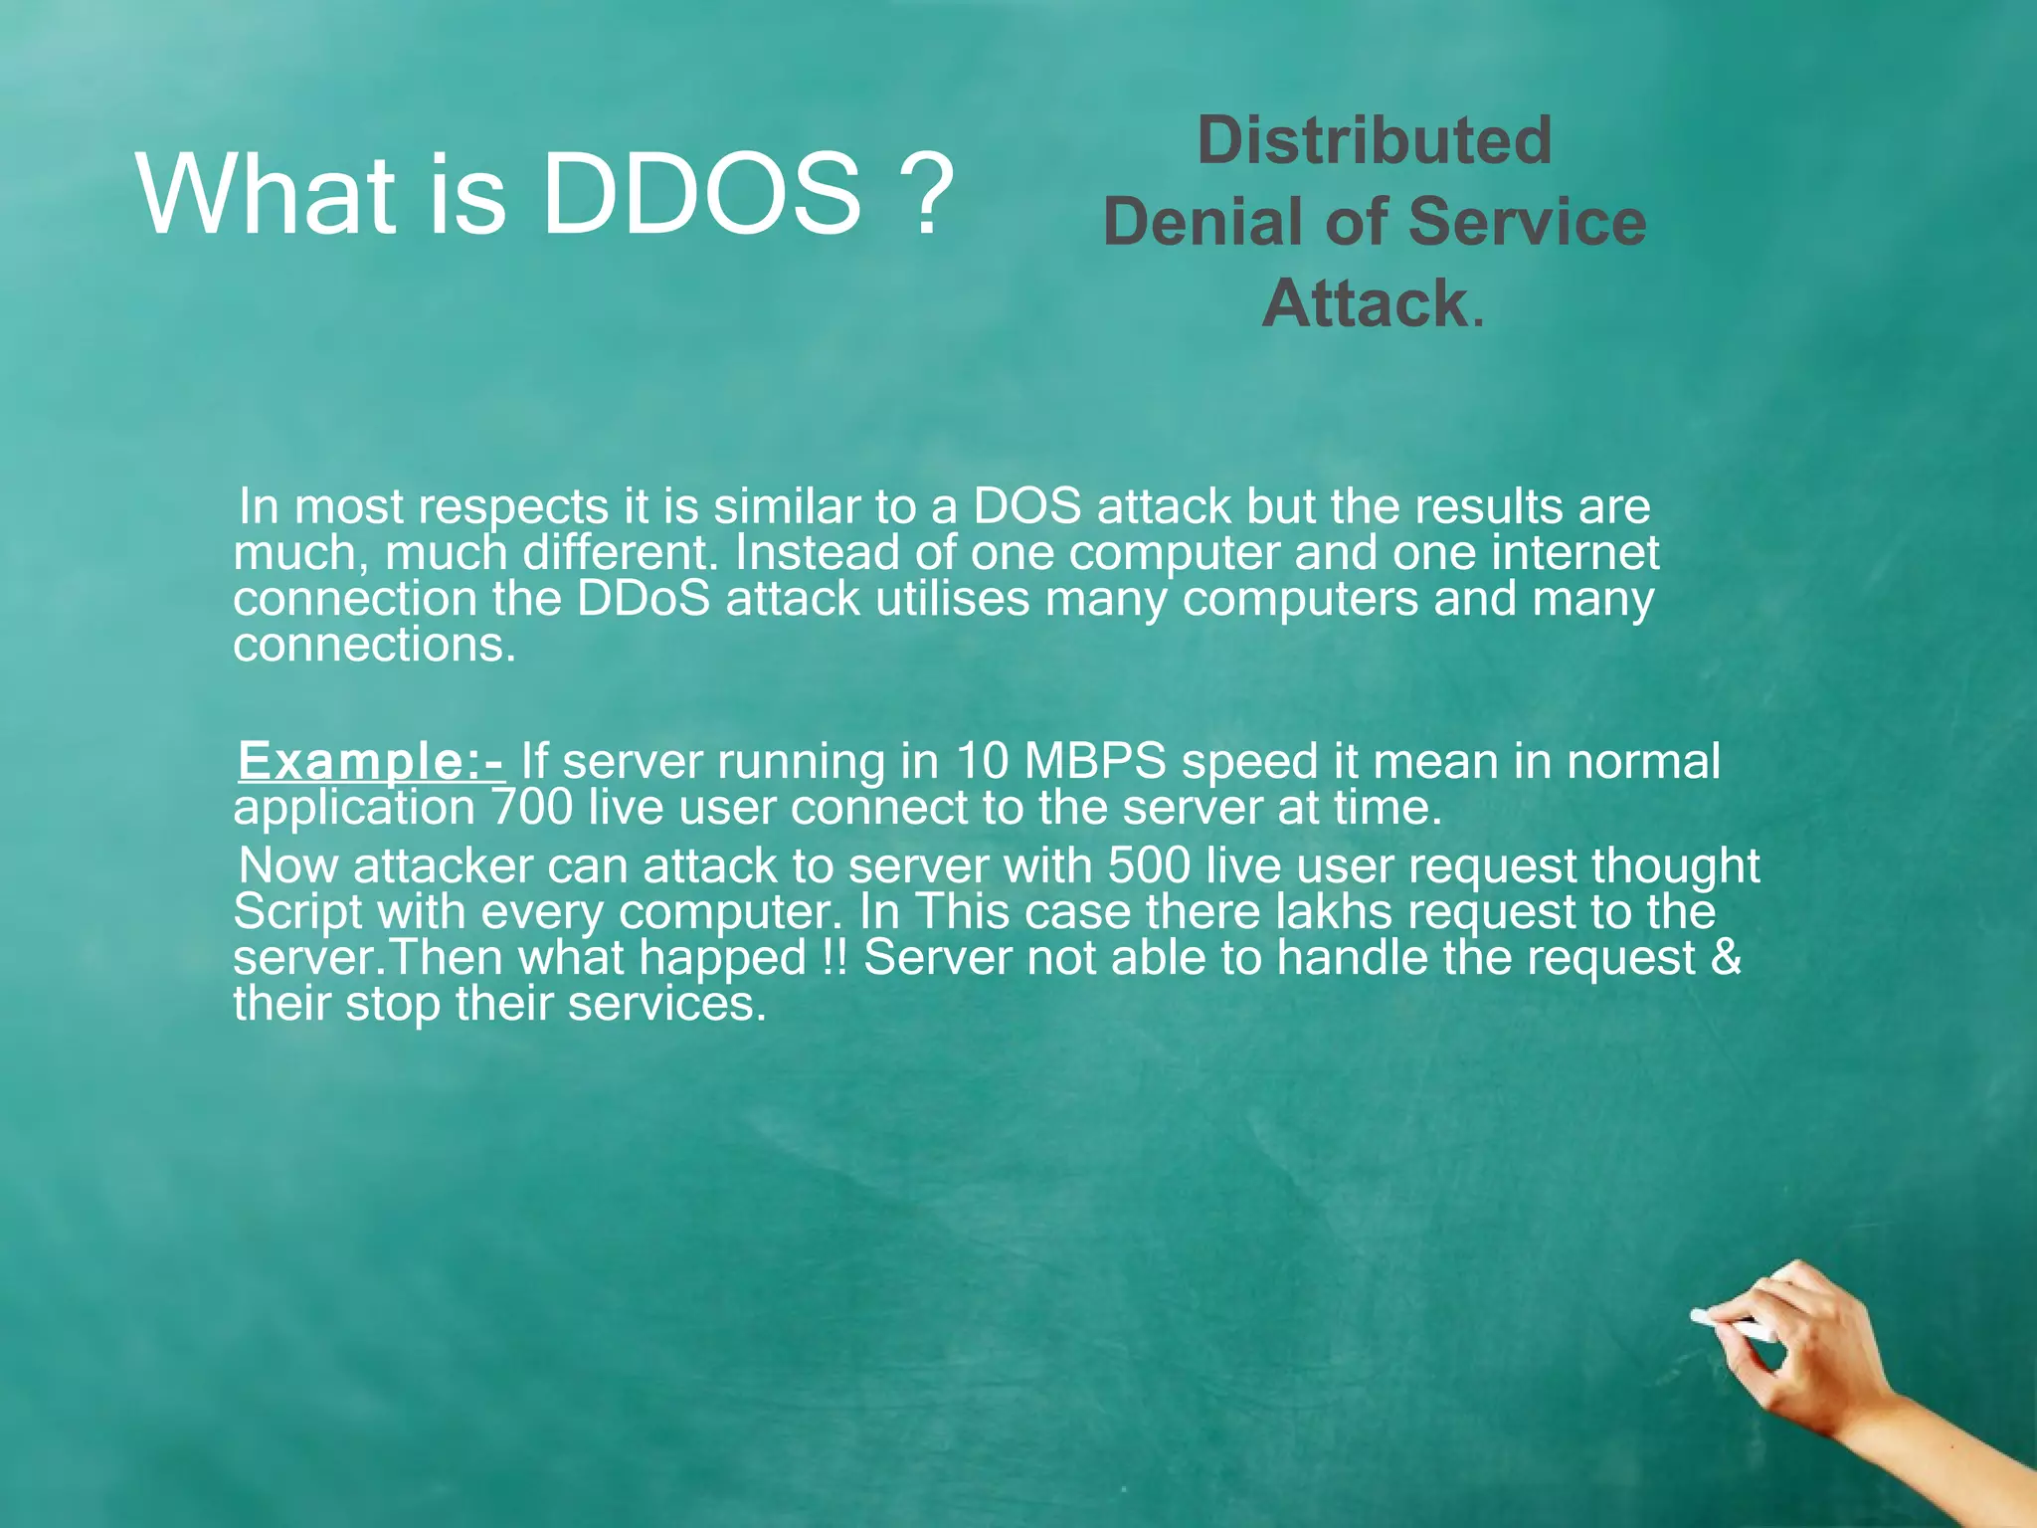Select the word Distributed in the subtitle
coord(1375,140)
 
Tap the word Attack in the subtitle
coord(1365,302)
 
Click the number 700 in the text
coord(533,807)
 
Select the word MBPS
coord(1095,762)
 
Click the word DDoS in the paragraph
coord(644,599)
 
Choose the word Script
coord(297,911)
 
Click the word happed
coord(722,958)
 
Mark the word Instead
coord(813,553)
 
